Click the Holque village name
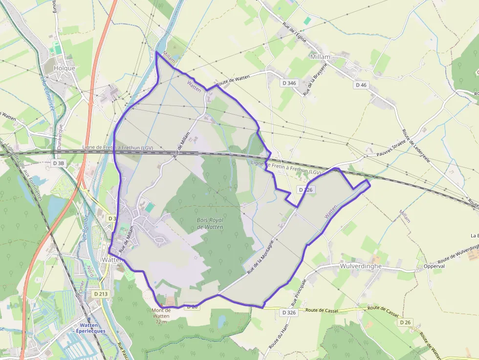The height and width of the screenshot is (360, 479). point(65,68)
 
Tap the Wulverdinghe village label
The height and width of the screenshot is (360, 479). point(360,267)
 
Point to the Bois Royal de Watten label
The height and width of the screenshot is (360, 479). point(210,223)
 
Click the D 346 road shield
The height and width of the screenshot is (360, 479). point(289,83)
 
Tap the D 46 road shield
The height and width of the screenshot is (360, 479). point(361,85)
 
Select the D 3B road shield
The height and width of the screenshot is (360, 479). point(58,163)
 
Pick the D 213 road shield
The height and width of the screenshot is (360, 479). point(100,294)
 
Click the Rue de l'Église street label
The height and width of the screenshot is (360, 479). point(294,32)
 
